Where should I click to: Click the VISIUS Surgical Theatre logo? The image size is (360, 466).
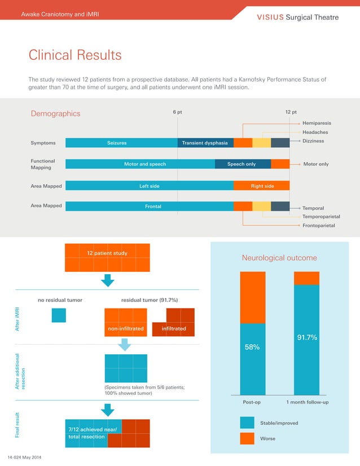298,17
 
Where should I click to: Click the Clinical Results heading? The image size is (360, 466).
75,55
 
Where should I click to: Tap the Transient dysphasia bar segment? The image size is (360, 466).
205,143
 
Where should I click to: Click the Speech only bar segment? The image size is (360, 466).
242,164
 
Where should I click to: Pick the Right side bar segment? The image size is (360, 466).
262,186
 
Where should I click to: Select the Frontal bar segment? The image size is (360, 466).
150,206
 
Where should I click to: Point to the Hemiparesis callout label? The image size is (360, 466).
317,123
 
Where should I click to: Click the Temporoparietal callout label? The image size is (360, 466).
321,217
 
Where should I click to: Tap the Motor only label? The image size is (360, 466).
315,164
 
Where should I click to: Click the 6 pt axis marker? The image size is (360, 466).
177,112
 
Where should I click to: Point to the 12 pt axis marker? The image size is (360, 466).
291,112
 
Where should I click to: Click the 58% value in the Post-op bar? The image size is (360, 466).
252,347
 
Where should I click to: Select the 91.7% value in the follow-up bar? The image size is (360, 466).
307,337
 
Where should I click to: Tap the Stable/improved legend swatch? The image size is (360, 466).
247,423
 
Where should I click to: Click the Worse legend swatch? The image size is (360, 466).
247,438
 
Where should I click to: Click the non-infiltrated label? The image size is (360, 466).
125,328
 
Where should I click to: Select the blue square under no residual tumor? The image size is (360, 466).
59,315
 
